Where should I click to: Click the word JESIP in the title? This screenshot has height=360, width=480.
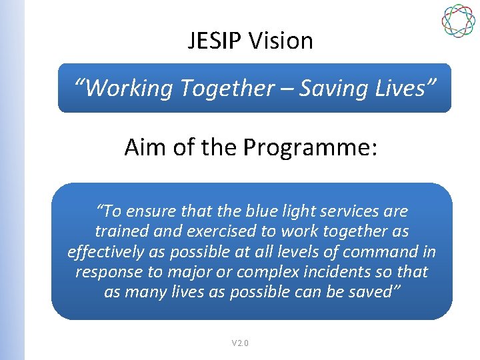[x=215, y=41]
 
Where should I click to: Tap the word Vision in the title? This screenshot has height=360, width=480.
[x=281, y=41]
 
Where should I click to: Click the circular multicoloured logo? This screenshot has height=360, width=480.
[x=459, y=21]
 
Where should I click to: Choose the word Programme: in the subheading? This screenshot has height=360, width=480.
[x=310, y=148]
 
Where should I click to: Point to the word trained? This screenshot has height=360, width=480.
[x=122, y=231]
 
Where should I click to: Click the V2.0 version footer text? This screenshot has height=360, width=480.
[x=240, y=343]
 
